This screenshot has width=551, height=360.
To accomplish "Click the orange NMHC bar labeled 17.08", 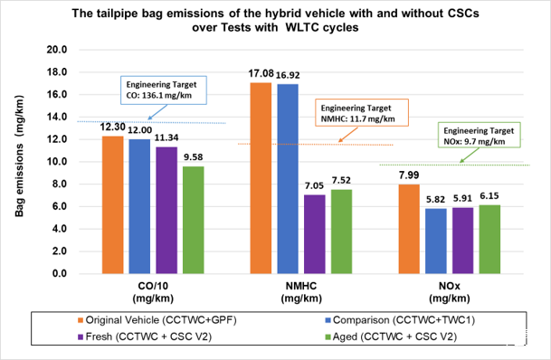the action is pyautogui.click(x=261, y=178).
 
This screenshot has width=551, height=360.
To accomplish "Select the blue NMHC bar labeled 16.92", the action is pyautogui.click(x=288, y=179).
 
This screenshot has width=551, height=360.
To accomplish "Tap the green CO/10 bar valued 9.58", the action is pyautogui.click(x=194, y=220).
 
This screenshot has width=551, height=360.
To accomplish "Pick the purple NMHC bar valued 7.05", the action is pyautogui.click(x=315, y=234).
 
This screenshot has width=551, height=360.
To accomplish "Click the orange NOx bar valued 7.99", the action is pyautogui.click(x=409, y=229).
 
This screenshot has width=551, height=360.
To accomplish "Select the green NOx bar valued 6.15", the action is pyautogui.click(x=489, y=239).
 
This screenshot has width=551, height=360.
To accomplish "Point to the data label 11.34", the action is pyautogui.click(x=166, y=137).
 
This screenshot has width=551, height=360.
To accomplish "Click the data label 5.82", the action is pyautogui.click(x=436, y=200).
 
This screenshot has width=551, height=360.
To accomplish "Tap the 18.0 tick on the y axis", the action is pyautogui.click(x=57, y=72).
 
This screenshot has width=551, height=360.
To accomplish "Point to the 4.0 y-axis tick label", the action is pyautogui.click(x=60, y=229).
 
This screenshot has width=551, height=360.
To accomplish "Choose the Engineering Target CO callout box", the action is pyautogui.click(x=164, y=90).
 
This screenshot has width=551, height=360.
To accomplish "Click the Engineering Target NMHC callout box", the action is pyautogui.click(x=362, y=113).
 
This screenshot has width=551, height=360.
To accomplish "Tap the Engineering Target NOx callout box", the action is pyautogui.click(x=480, y=135).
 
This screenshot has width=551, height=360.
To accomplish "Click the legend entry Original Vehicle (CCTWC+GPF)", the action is pyautogui.click(x=157, y=320).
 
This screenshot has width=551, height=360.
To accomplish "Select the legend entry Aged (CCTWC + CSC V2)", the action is pyautogui.click(x=391, y=336).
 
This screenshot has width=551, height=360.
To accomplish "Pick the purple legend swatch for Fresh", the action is pyautogui.click(x=81, y=337).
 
